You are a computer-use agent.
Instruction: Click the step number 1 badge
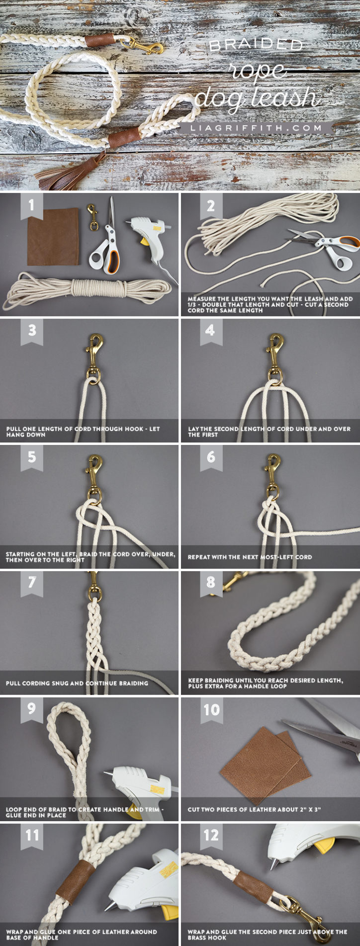pyautogui.click(x=32, y=205)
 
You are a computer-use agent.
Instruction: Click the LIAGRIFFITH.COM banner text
pyautogui.click(x=257, y=128)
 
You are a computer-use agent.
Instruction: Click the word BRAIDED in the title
pyautogui.click(x=256, y=46)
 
